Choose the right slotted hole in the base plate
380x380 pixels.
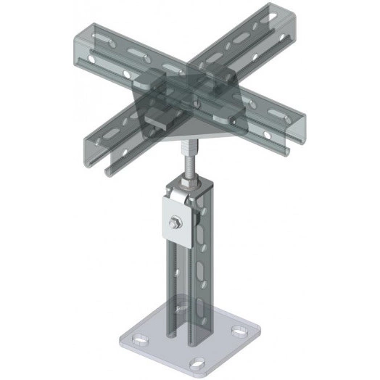pos(236,332)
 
